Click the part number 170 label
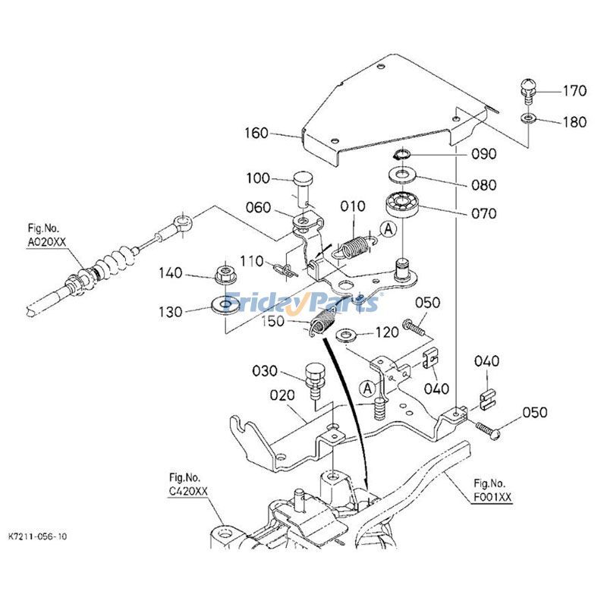574,91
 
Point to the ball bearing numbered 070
404,204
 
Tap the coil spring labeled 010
354,248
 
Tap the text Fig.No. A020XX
46,235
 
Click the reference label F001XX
492,497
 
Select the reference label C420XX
188,491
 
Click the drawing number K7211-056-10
37,536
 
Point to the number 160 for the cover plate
256,134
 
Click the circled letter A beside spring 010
388,229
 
